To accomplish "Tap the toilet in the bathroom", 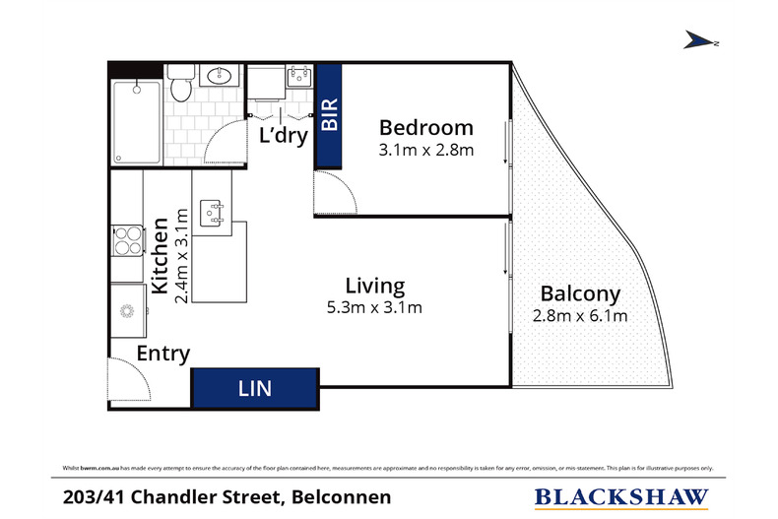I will pos(179,85).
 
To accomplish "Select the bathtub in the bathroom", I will pos(136,122).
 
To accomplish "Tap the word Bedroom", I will pos(425,127).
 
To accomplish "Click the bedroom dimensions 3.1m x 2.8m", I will pos(426,151).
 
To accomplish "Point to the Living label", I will pos(374,286).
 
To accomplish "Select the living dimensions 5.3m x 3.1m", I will pos(374,308).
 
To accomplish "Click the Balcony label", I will pos(580,293).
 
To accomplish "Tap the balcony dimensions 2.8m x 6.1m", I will pos(580,316).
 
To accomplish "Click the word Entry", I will pos(162,354).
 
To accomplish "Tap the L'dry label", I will pos(283,135).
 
